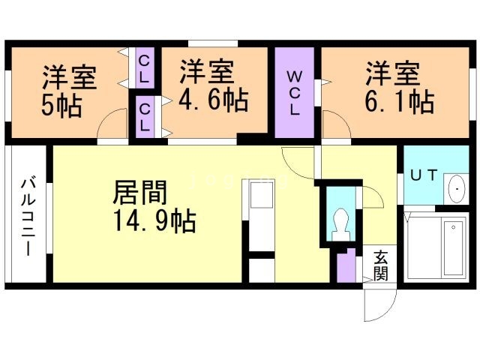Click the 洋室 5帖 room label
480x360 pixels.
click(x=68, y=91)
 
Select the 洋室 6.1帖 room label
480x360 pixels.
click(x=400, y=88)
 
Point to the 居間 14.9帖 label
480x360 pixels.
click(x=154, y=206)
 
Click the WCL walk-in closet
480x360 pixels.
click(x=295, y=92)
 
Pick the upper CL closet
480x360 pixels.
click(x=145, y=68)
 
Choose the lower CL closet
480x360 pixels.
click(x=145, y=117)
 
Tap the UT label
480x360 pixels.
click(x=424, y=175)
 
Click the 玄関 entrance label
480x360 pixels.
click(x=380, y=265)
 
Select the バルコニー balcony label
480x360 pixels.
click(x=28, y=217)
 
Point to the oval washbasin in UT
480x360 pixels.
click(x=457, y=189)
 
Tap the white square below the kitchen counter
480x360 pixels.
click(x=262, y=270)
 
